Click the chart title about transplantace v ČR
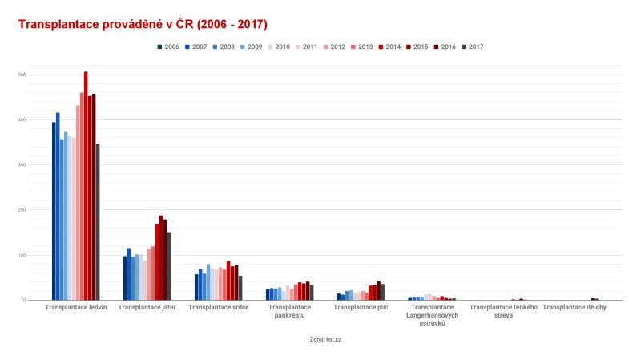[143, 24]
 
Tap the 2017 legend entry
[473, 47]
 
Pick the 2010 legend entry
[280, 47]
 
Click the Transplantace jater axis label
[147, 307]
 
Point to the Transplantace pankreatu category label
[289, 311]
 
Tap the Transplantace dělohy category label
[574, 307]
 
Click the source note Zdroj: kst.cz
[325, 339]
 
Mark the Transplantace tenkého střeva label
[503, 311]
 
